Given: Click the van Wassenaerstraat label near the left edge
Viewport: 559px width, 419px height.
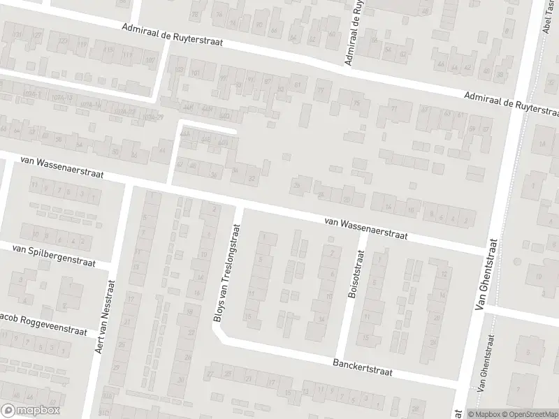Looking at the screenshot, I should [x=61, y=168].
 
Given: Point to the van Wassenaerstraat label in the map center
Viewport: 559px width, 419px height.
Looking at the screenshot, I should [x=365, y=228].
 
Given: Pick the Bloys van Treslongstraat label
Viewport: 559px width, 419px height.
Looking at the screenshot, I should [x=226, y=273].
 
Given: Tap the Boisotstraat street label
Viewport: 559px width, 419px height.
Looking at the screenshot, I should [x=353, y=277].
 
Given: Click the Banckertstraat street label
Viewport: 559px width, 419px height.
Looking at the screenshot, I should [x=363, y=368].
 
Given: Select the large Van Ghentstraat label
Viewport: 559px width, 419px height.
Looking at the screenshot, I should [x=486, y=275].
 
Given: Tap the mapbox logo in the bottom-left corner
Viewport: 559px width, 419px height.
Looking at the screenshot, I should [x=31, y=411].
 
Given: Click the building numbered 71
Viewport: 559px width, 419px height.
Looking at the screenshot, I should [x=394, y=109].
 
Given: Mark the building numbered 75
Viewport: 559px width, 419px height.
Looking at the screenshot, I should [x=358, y=104].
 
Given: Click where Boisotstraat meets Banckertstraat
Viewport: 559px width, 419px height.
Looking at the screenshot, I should [x=340, y=358].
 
